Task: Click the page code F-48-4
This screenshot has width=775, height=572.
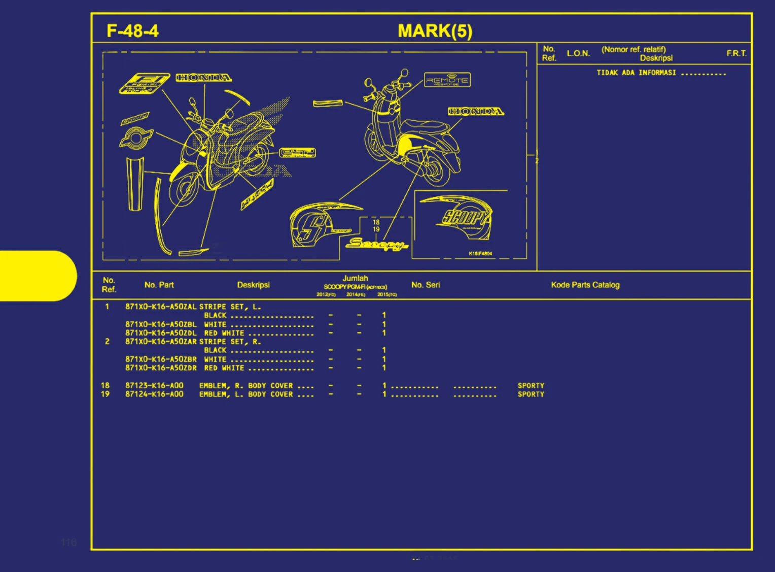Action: coord(132,31)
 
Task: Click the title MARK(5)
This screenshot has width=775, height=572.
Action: coord(435,31)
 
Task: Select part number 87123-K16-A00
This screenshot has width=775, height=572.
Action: coord(154,385)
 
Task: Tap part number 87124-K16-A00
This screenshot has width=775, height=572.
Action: coord(154,394)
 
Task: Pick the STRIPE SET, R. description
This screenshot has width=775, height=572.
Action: coord(230,342)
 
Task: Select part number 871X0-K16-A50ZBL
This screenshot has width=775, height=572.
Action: coord(161,324)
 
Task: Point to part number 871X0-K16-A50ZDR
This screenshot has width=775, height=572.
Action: coord(161,368)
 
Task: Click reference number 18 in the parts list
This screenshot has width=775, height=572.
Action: coord(105,385)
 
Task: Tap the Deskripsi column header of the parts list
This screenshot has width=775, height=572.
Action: coord(253,285)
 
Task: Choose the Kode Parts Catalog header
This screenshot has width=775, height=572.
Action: coord(585,285)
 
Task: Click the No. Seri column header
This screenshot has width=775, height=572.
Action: coord(426,285)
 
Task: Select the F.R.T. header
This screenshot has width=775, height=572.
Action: coord(736,53)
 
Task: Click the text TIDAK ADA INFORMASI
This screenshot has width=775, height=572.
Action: coord(636,73)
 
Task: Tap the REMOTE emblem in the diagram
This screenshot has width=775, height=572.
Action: coord(447,80)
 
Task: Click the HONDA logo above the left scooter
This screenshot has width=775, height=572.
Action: coord(204,78)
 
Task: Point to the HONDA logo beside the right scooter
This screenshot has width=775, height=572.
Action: coord(476,111)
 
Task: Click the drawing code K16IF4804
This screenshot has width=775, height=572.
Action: coord(480,253)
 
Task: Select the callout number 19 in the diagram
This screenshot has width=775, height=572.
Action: coord(376,229)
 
